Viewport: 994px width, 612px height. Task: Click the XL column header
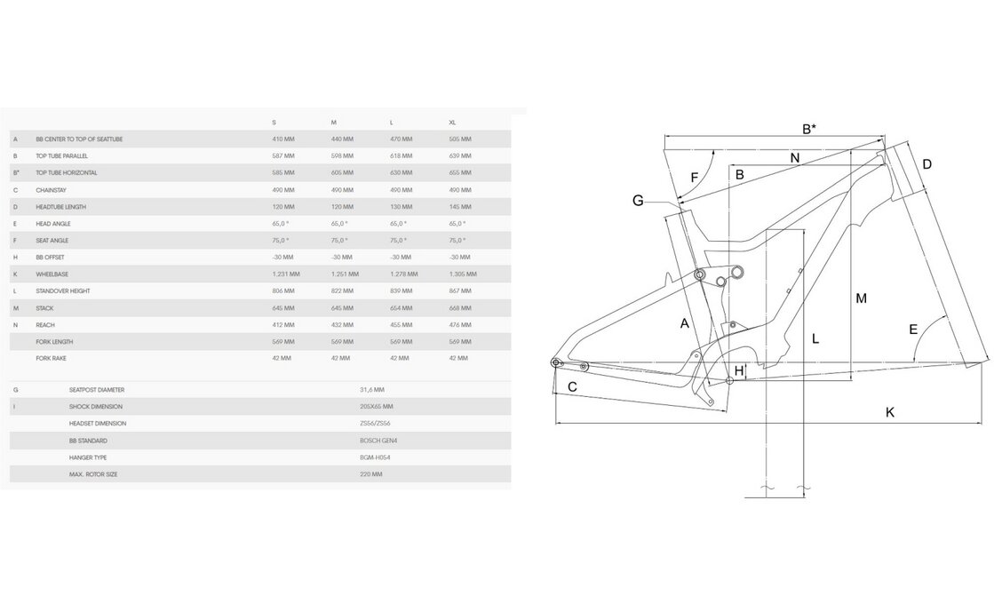[453, 123]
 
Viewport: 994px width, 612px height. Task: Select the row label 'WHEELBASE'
[52, 274]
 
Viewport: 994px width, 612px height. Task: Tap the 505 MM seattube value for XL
[460, 139]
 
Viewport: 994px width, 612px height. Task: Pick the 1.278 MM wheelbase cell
[403, 274]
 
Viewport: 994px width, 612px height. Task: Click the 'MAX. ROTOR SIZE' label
[92, 474]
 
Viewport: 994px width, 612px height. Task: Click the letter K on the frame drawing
[889, 411]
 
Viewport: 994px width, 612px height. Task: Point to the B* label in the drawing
[808, 130]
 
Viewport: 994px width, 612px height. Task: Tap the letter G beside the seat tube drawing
[638, 201]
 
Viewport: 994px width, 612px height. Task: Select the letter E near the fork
[912, 330]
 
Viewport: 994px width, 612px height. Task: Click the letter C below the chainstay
[572, 387]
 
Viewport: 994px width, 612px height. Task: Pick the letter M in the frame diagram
[861, 298]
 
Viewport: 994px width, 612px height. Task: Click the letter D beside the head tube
[926, 164]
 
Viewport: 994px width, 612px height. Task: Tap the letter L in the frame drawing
[815, 338]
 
